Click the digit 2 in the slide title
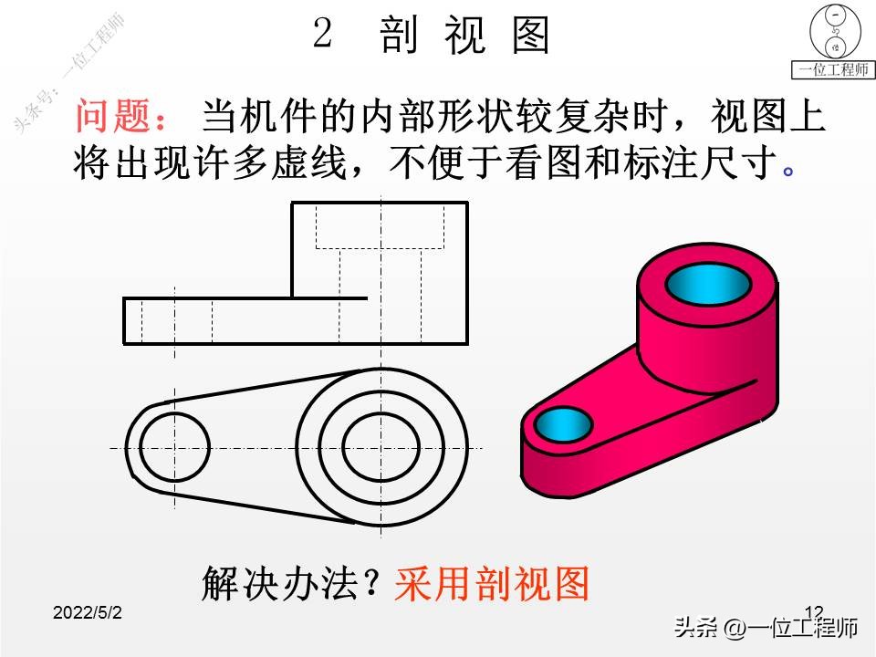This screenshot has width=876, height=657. [x=321, y=35]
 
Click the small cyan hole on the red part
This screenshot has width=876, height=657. [x=562, y=422]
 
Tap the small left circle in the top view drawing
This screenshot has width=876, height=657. [x=174, y=447]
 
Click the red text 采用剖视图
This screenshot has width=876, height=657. [x=492, y=583]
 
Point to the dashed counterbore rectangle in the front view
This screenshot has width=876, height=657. [x=379, y=226]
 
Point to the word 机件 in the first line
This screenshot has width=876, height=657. [x=304, y=117]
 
